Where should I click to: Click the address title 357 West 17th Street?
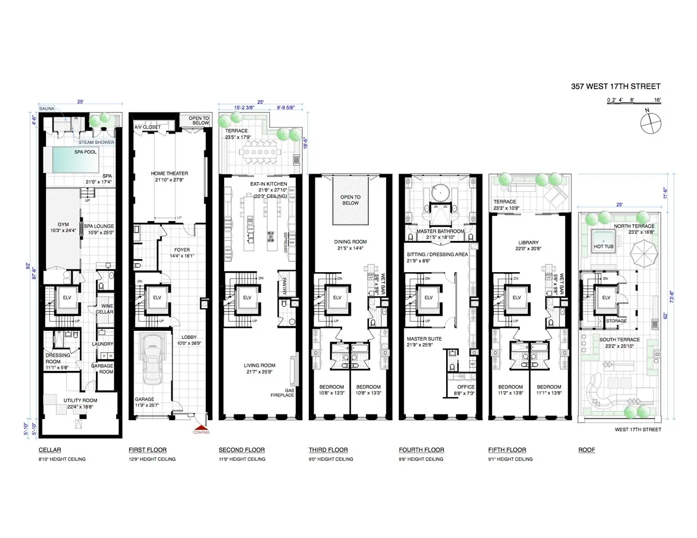[616, 86]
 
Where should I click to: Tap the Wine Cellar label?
[107, 308]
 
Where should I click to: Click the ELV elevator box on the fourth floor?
[429, 298]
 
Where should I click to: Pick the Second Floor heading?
[241, 450]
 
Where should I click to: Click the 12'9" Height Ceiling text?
[152, 459]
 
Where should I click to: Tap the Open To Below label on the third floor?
[350, 200]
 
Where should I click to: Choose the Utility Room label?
[80, 400]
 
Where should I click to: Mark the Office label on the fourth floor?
[466, 387]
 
